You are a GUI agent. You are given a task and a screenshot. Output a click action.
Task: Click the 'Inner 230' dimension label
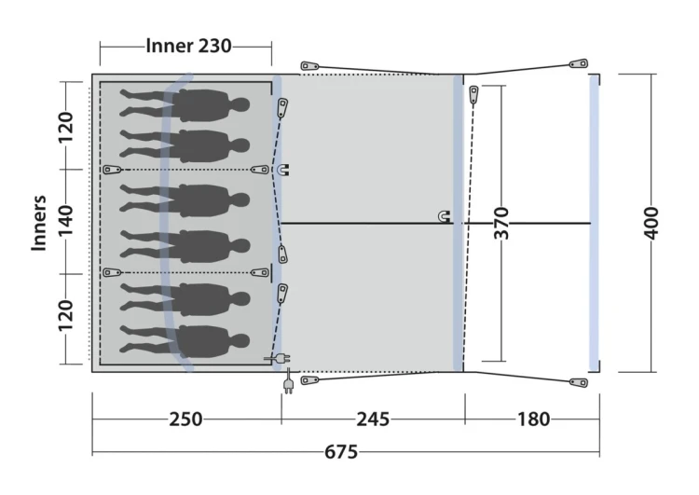(x=188, y=46)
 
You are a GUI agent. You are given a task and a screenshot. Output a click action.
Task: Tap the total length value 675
(x=341, y=452)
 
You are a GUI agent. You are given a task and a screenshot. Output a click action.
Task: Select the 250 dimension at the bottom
(x=185, y=419)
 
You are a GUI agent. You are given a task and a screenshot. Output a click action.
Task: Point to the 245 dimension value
(x=373, y=419)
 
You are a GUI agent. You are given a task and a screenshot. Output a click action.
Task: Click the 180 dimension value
(x=533, y=419)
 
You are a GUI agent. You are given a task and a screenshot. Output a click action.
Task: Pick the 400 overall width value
(x=651, y=223)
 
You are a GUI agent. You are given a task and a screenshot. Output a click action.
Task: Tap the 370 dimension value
(x=501, y=223)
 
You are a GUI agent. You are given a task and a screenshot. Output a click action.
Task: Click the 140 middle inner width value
(x=65, y=221)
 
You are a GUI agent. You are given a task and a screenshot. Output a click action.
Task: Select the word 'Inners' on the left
(x=39, y=223)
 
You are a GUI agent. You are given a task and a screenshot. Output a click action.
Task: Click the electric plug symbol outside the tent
(x=288, y=382)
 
